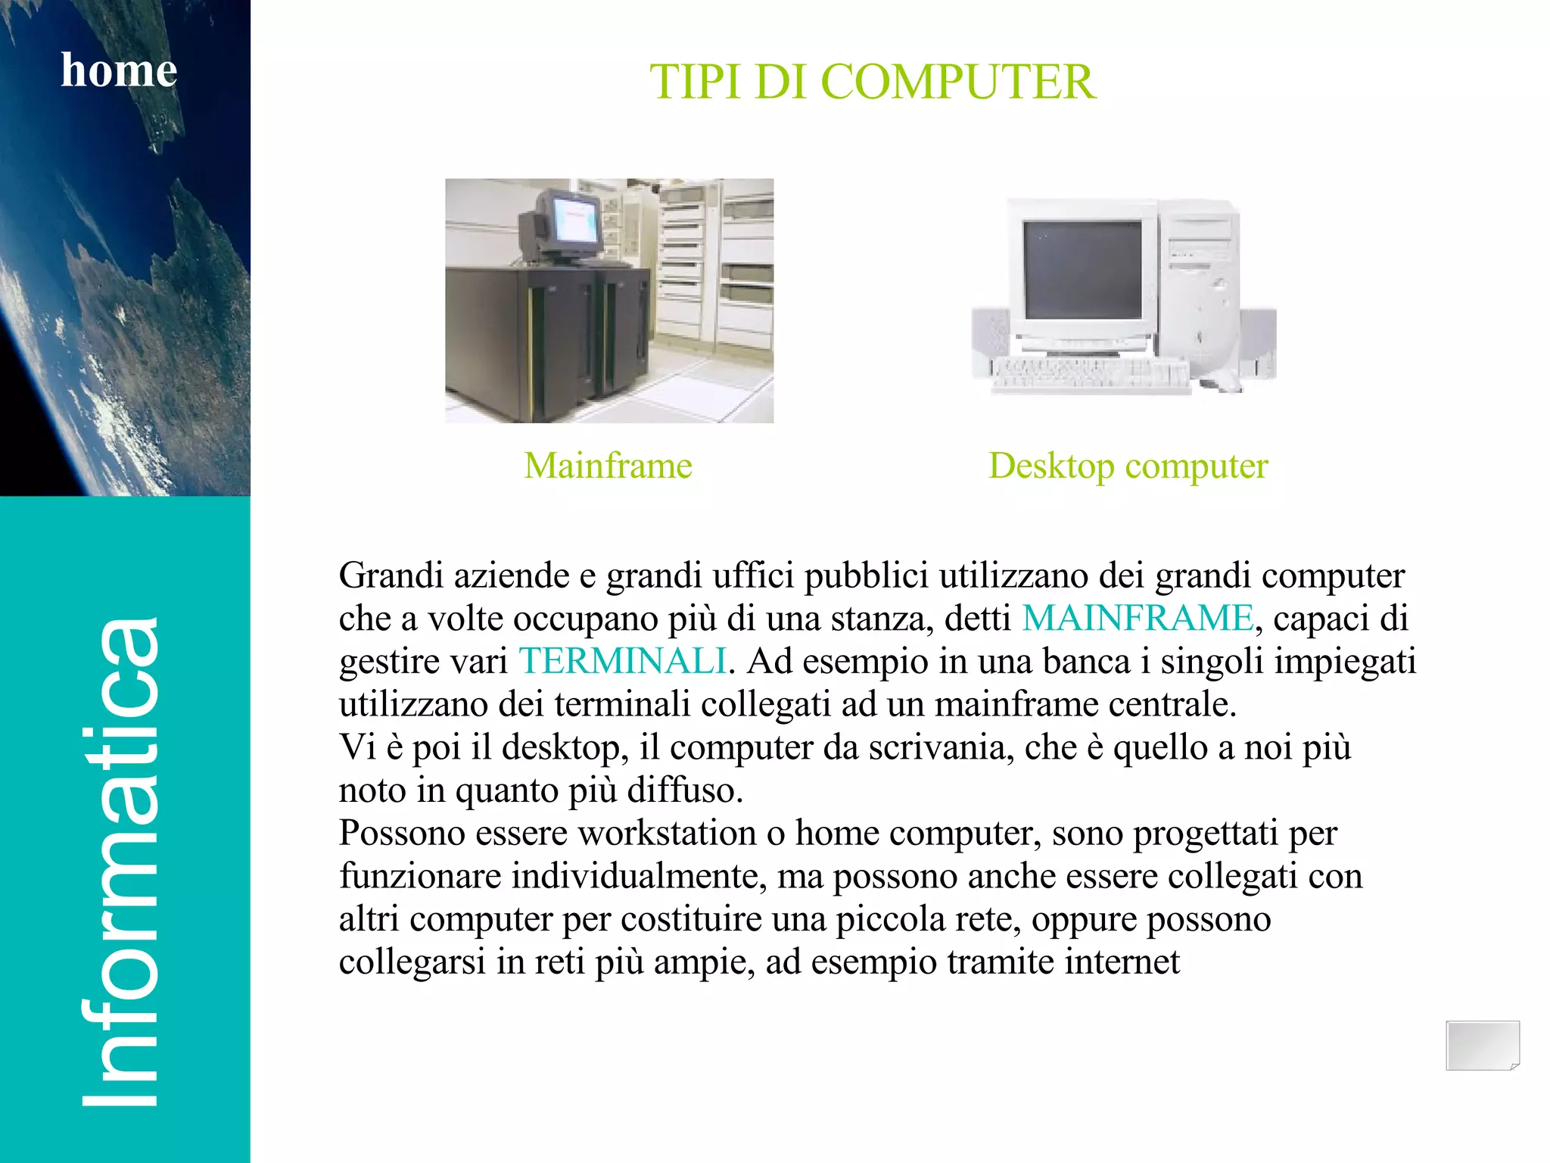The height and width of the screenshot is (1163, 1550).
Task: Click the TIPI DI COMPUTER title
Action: click(872, 82)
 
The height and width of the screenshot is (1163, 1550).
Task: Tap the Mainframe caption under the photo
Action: click(608, 466)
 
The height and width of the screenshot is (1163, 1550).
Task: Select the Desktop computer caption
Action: click(1128, 466)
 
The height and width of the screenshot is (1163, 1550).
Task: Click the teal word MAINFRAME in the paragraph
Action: click(1138, 618)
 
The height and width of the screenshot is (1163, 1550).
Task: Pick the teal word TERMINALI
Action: click(622, 661)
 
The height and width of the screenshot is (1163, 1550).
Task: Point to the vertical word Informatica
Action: click(121, 863)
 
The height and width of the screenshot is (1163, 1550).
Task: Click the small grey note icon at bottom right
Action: click(1482, 1046)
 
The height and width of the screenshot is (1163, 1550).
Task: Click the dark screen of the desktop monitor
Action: click(1082, 270)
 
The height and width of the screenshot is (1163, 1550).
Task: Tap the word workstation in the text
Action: click(667, 834)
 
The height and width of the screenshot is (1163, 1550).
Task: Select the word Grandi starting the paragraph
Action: click(391, 575)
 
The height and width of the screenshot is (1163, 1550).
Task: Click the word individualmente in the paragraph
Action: click(635, 877)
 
